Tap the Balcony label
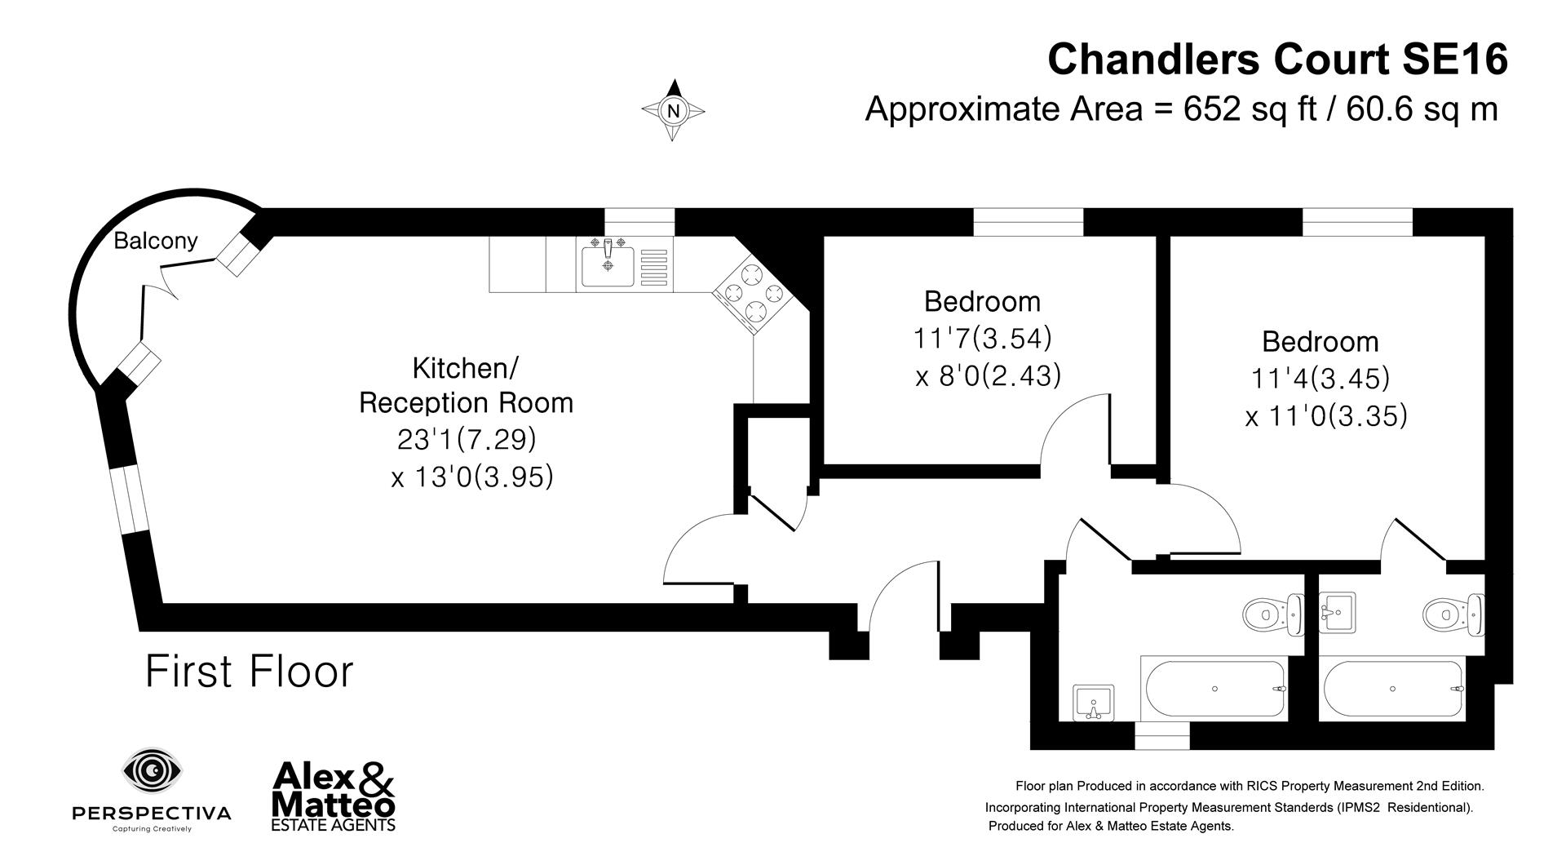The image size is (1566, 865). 155,241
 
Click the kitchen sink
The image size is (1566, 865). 608,266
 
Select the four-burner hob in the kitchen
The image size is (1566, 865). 750,293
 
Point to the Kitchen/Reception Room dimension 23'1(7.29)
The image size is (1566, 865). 467,440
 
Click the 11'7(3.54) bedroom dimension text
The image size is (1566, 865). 982,338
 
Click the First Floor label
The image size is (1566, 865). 249,672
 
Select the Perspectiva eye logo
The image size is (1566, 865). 152,770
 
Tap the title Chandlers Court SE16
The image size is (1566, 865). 1276,60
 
